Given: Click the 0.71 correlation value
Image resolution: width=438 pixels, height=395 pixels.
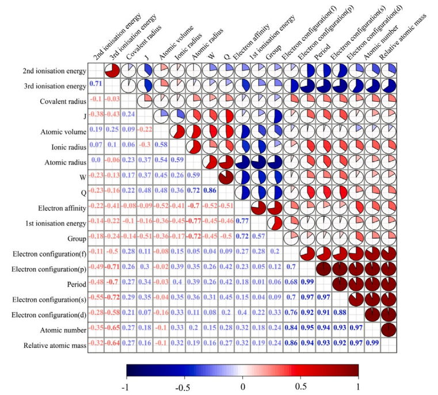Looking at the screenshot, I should tap(96, 85).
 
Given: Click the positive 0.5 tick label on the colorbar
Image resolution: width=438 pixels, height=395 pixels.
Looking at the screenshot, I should tap(300, 386).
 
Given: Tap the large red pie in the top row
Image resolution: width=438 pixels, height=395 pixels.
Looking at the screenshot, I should tap(112, 70).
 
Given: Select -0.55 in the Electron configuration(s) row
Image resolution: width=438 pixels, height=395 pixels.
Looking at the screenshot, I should tap(96, 300).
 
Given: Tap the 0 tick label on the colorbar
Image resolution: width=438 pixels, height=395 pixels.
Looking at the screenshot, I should tap(242, 386).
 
